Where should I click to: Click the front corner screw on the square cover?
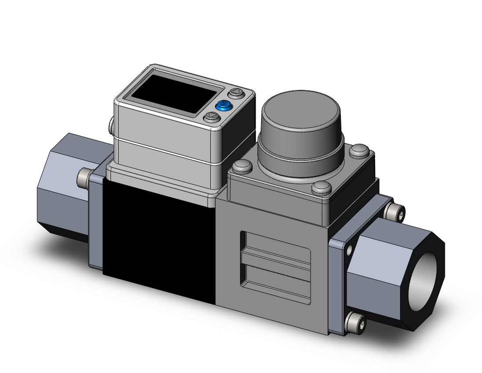pos(321,188)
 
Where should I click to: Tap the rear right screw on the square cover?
pos(360,151)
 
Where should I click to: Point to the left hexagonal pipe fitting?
pos(66,185)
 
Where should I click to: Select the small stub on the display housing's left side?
pos(110,125)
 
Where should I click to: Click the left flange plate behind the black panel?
pos(95,220)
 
